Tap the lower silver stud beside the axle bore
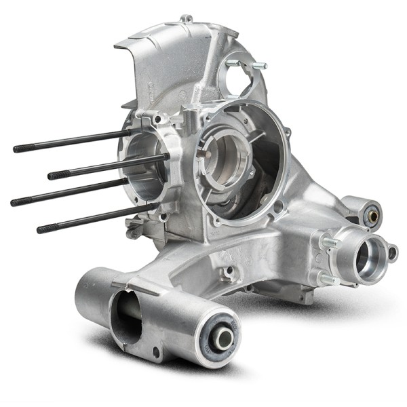326,279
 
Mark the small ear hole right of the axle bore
391,253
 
